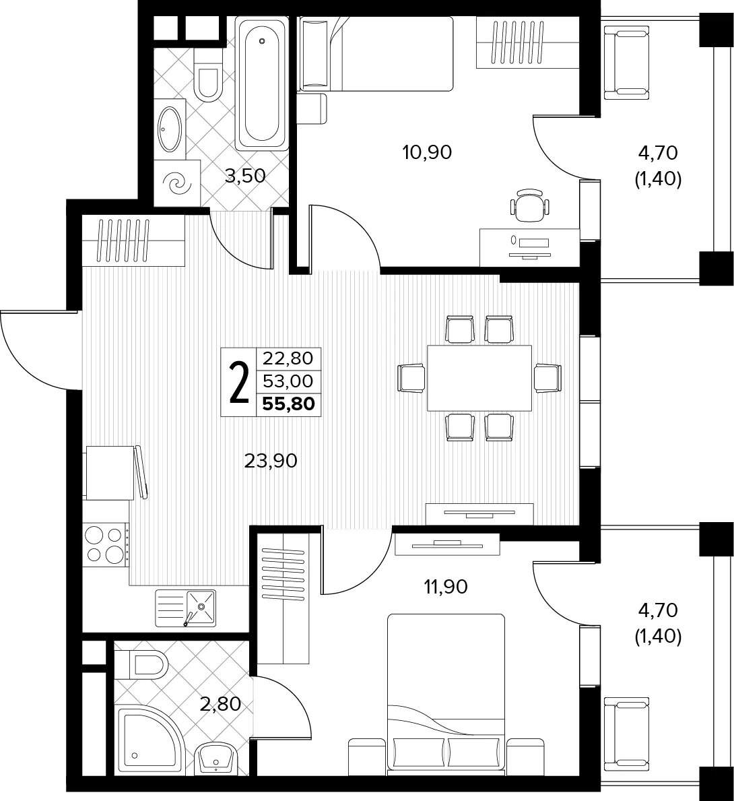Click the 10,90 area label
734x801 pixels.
click(x=427, y=152)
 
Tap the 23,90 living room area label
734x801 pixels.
click(x=271, y=461)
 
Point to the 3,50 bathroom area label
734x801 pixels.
click(x=246, y=177)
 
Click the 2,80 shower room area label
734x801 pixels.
click(x=221, y=705)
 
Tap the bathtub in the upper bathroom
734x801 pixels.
click(x=261, y=83)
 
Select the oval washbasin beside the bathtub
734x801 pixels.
click(x=170, y=128)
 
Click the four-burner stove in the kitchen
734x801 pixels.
click(x=106, y=545)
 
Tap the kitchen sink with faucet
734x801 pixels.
click(x=185, y=608)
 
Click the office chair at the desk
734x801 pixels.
click(x=531, y=205)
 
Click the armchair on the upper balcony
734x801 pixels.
click(x=627, y=63)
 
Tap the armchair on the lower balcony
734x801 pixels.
click(x=627, y=734)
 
